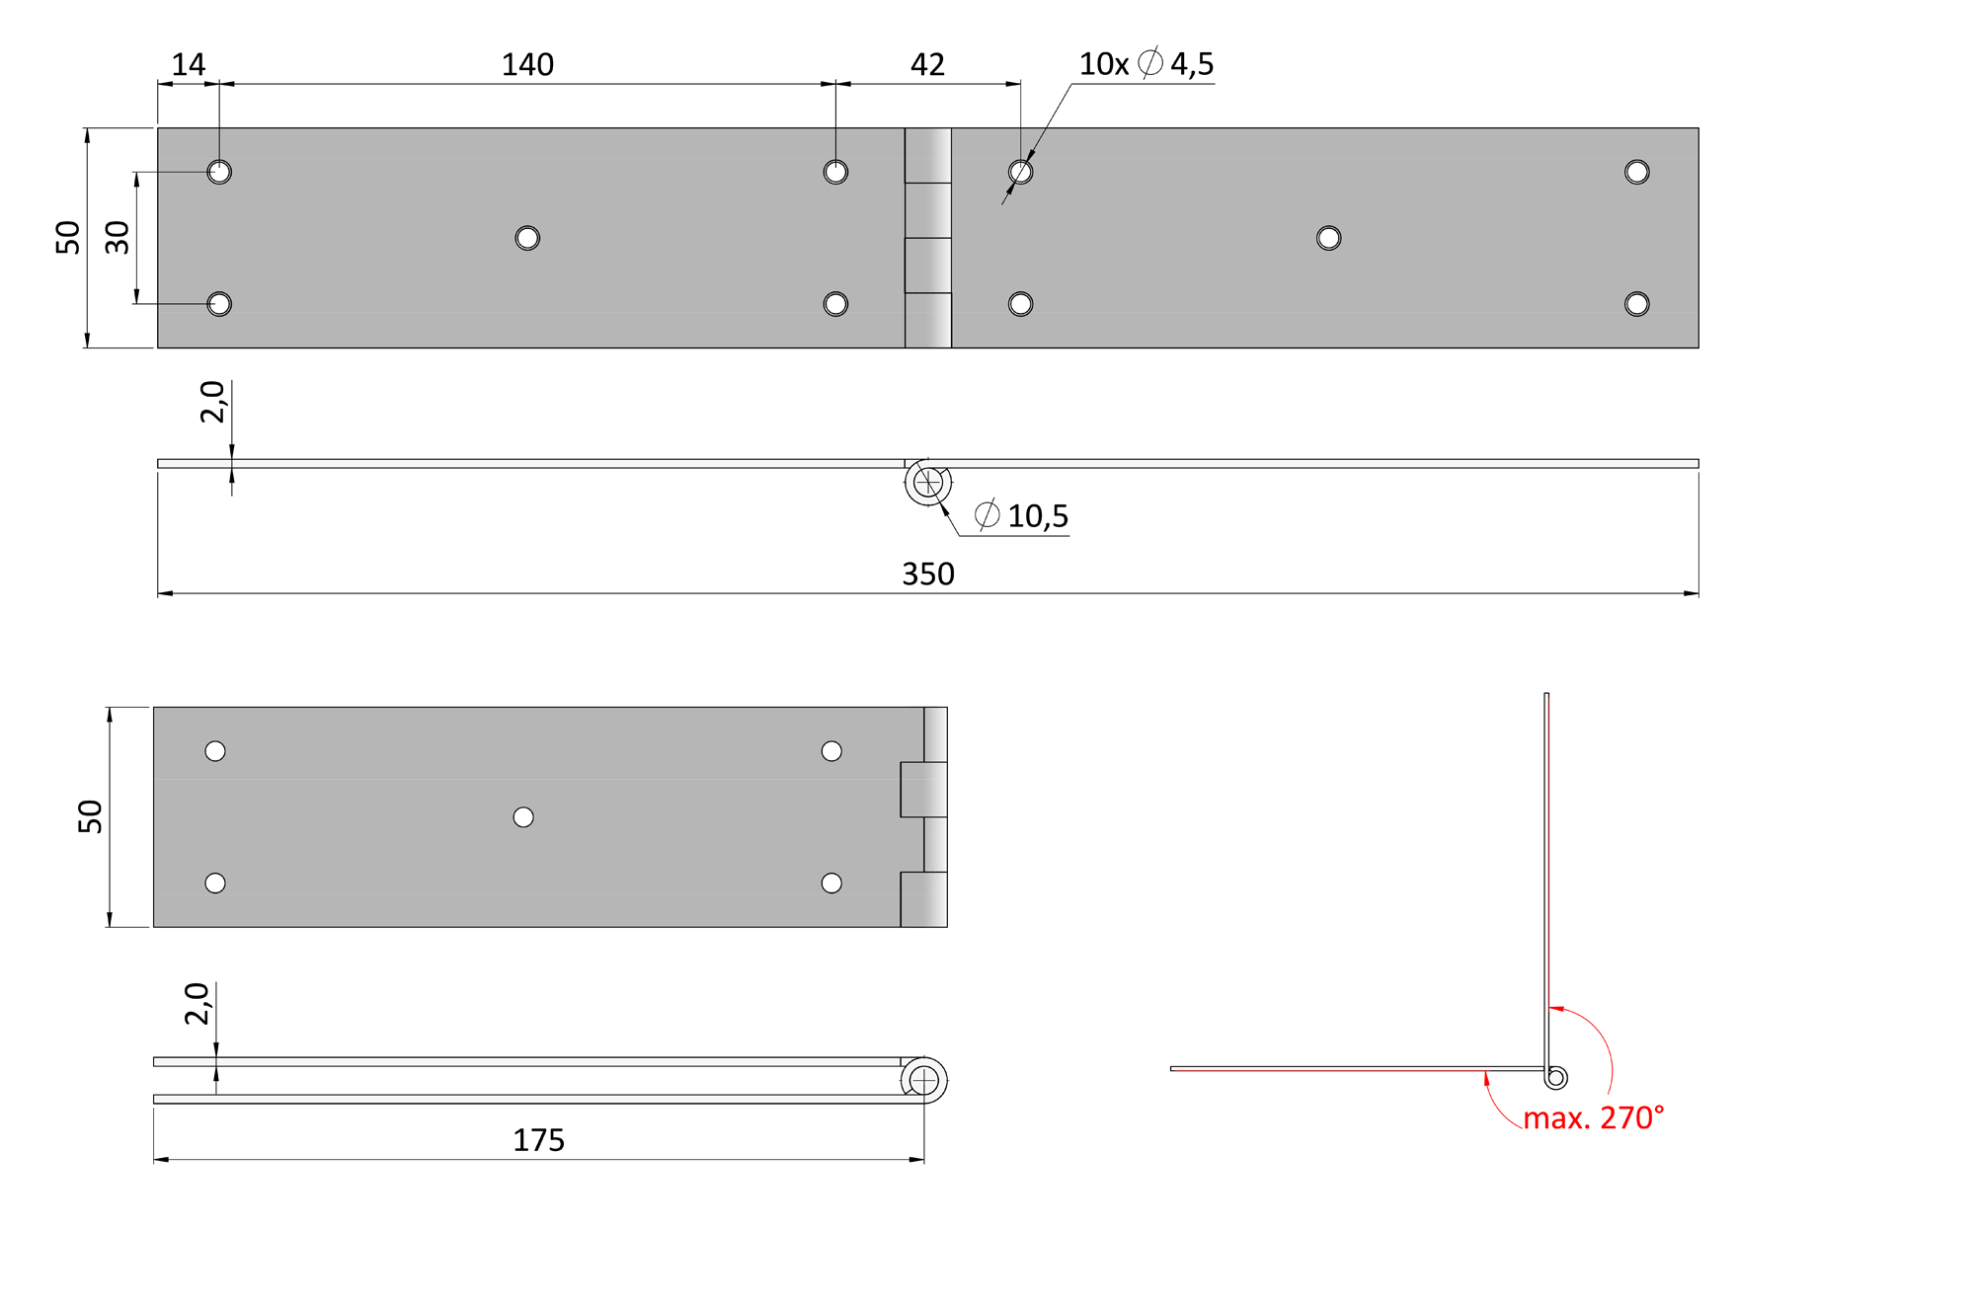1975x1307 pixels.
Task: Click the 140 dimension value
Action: (527, 65)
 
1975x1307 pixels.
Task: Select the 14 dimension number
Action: (189, 65)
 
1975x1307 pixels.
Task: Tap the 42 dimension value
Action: (927, 65)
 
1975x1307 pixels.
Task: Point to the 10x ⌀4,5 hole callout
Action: (1145, 64)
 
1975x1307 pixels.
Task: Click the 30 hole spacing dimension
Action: (118, 237)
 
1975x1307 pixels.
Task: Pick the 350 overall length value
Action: (928, 574)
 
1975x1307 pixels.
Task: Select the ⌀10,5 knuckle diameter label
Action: (1021, 515)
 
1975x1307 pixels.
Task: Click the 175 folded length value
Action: (538, 1140)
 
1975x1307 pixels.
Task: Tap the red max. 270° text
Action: (1593, 1117)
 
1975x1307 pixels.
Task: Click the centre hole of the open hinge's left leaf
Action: (527, 238)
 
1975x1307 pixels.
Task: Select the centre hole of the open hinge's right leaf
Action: (1328, 238)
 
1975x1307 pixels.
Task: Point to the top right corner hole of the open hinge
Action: (1636, 172)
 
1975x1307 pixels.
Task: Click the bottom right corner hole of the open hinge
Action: (1636, 304)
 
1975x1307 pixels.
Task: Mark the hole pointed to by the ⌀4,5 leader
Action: (1020, 172)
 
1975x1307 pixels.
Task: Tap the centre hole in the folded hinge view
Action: (523, 817)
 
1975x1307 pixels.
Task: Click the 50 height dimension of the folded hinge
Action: (90, 816)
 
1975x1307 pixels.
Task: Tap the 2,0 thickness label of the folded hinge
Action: (197, 1004)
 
